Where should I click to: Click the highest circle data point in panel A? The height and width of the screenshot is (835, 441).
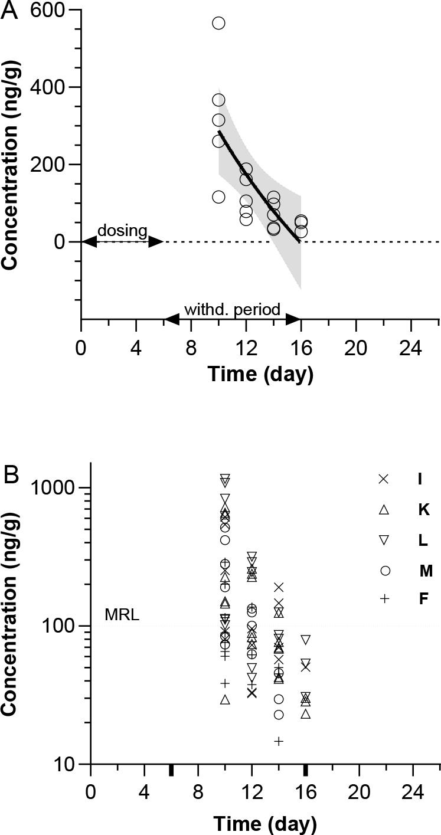[218, 18]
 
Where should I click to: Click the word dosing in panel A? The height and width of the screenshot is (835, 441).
[122, 231]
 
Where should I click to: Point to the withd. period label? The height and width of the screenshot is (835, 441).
[232, 309]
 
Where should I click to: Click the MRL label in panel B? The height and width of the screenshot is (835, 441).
[122, 615]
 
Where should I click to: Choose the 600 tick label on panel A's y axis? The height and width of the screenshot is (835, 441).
[48, 10]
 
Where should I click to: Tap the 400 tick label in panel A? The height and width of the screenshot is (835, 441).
[48, 87]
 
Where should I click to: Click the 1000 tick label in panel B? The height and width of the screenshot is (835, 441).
[53, 487]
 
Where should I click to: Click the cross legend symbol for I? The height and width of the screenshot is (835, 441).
[384, 479]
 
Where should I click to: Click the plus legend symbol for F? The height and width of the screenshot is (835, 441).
[384, 599]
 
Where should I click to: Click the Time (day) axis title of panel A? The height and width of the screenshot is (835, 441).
[260, 374]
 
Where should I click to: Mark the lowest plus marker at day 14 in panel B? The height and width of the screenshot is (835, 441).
[279, 741]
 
